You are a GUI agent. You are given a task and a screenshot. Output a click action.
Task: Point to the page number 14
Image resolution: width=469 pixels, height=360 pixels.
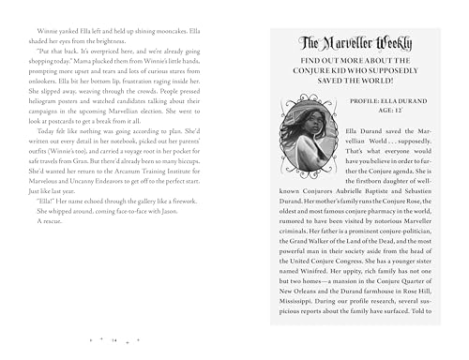113,339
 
